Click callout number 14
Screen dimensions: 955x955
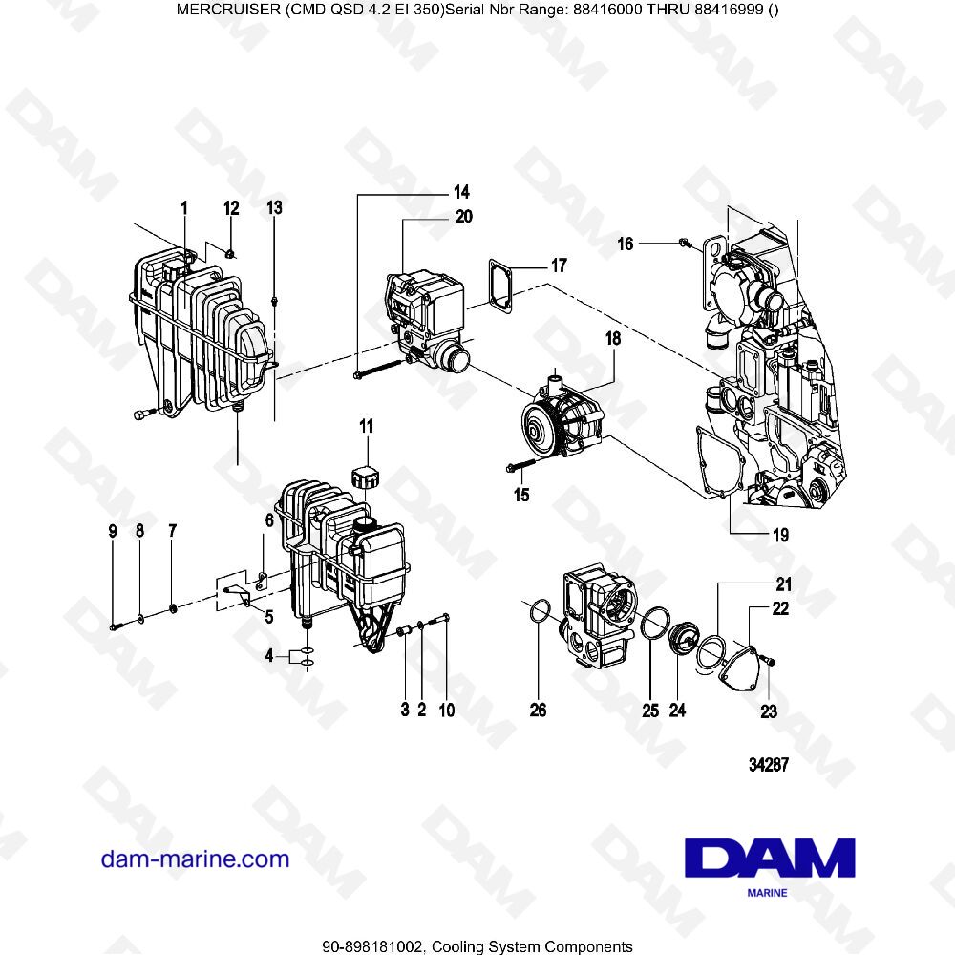pos(435,190)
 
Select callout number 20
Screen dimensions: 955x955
pos(463,217)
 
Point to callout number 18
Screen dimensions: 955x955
pos(611,339)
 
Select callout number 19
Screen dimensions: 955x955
pos(780,535)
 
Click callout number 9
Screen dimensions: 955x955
pos(113,530)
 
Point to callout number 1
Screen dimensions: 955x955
pos(184,207)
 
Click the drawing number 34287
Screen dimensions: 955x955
pos(768,765)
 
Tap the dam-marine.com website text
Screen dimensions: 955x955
pos(195,859)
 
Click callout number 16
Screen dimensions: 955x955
pos(625,244)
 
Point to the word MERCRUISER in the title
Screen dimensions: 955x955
pos(224,10)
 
